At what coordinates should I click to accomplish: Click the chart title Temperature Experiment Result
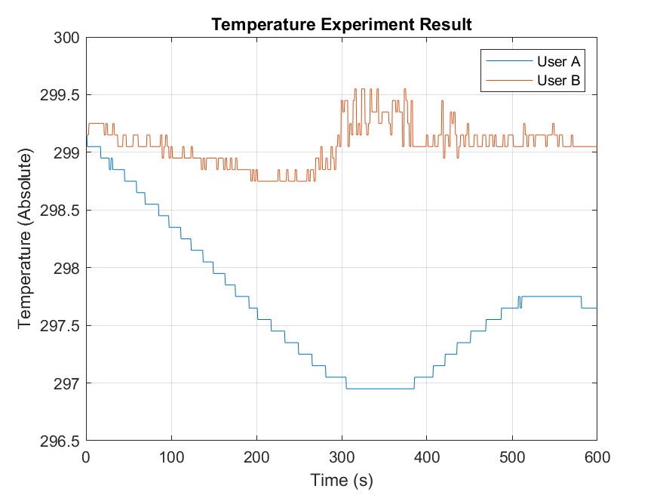tap(341, 24)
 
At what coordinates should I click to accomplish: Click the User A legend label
tap(557, 61)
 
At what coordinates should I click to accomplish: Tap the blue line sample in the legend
tap(508, 61)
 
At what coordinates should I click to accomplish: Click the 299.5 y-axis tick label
tap(60, 95)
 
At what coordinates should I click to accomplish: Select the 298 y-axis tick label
tap(67, 268)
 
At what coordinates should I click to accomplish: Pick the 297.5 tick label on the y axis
tap(60, 325)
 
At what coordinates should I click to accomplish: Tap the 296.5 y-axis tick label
tap(60, 441)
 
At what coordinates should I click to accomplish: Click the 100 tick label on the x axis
tap(171, 457)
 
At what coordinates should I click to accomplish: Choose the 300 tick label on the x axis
tap(342, 457)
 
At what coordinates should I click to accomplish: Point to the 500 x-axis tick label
tap(511, 457)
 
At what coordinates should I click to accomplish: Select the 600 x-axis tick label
tap(596, 457)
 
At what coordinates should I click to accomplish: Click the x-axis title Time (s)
tap(342, 480)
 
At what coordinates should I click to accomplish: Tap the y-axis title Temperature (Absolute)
tap(26, 238)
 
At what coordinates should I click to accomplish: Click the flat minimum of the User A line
tap(380, 389)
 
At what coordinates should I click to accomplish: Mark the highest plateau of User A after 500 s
tap(551, 297)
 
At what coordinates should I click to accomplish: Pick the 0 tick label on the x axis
tap(86, 457)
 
